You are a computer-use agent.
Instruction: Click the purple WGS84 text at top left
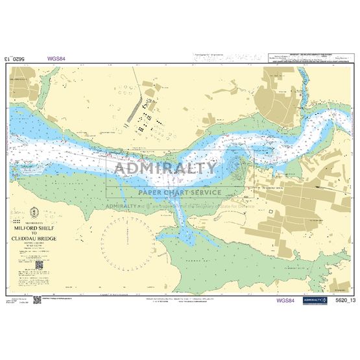pos(56,58)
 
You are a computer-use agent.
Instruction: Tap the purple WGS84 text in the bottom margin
pos(285,301)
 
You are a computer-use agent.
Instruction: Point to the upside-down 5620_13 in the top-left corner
pos(16,58)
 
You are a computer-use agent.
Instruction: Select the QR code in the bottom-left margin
pos(37,300)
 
